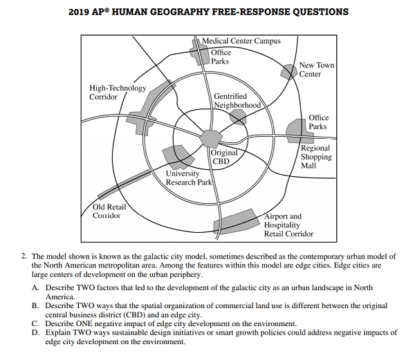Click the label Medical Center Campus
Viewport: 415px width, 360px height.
(x=241, y=41)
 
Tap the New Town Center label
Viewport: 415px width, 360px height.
(x=316, y=70)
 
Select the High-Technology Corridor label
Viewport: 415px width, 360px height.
(x=118, y=93)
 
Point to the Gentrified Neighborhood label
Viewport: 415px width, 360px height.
(x=237, y=101)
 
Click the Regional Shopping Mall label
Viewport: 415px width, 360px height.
(x=316, y=157)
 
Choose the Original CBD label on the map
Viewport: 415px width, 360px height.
(x=224, y=157)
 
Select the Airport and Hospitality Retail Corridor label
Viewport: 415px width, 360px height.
(x=288, y=225)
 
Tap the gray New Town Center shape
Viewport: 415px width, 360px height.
(x=288, y=71)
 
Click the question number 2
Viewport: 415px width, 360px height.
(x=23, y=256)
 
